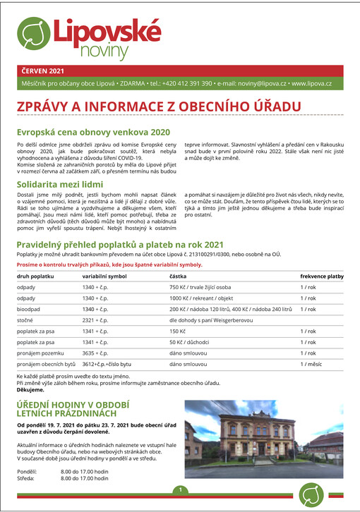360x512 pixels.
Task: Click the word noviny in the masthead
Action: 104,51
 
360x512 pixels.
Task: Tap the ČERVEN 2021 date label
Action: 42,71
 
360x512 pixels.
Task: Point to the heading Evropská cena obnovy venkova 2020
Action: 93,131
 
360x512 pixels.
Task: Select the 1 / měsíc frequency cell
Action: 311,364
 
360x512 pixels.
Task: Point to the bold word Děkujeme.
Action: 31,389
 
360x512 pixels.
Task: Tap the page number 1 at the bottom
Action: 181,489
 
